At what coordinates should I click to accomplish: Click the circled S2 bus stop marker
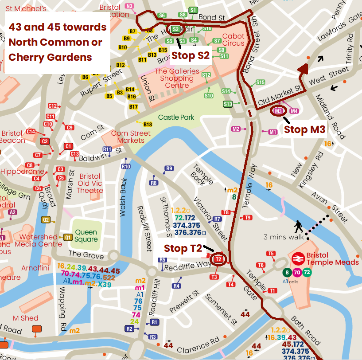point(175,29)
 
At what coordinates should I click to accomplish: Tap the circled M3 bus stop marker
point(278,111)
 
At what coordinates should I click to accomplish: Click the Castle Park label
point(176,117)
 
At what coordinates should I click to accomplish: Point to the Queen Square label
point(86,235)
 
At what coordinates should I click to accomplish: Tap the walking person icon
point(299,227)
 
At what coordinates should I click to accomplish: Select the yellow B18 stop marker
point(148,125)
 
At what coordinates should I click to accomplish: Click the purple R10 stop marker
point(126,166)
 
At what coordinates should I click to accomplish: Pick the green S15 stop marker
point(261,82)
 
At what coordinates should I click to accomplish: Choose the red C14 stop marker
point(31,132)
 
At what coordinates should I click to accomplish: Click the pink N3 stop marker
point(129,6)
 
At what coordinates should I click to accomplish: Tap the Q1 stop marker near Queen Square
point(68,237)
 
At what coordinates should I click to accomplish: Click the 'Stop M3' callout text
point(305,129)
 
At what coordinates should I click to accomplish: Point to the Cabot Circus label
point(234,40)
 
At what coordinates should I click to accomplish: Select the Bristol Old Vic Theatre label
point(90,183)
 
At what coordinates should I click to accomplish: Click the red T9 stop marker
point(248,217)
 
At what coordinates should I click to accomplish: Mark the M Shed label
point(25,318)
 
